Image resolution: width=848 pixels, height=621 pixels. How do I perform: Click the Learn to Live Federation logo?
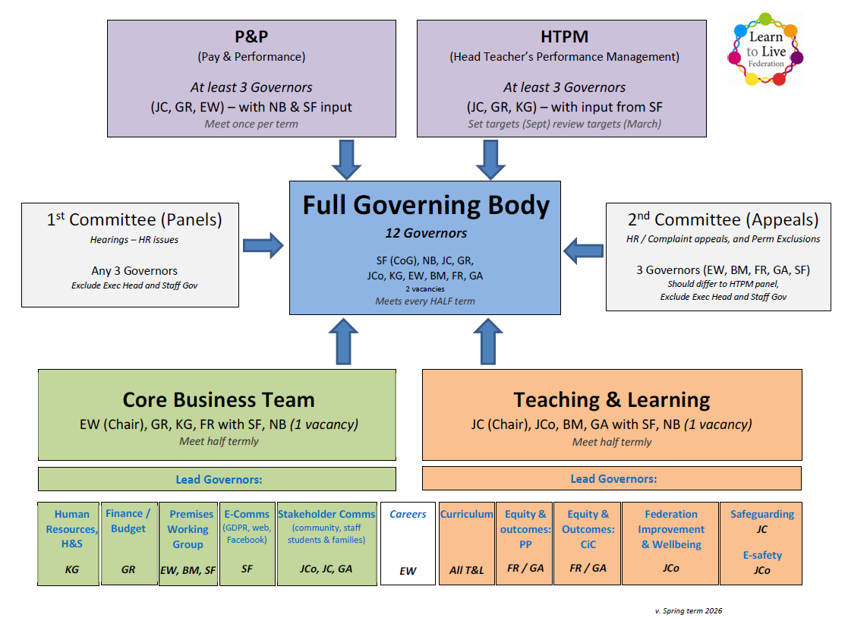764,48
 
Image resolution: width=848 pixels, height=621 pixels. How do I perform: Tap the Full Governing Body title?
426,206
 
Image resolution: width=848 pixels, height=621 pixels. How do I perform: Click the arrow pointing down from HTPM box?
490,159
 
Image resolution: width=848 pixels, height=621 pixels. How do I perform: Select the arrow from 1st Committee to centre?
263,245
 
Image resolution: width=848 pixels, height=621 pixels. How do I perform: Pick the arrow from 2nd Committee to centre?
584,249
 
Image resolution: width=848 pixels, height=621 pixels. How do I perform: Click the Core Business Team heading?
219,400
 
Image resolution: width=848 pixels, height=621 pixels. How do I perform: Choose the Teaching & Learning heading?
611,400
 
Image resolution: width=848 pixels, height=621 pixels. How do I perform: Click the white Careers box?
408,543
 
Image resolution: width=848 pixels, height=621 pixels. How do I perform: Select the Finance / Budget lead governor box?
128,543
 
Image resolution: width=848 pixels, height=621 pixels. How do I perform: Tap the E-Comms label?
247,514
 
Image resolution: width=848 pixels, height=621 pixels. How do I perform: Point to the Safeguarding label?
761,514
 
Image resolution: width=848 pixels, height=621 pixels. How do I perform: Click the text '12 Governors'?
426,233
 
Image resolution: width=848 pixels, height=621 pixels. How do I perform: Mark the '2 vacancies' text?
424,288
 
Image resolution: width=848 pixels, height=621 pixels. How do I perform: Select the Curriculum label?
467,514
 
